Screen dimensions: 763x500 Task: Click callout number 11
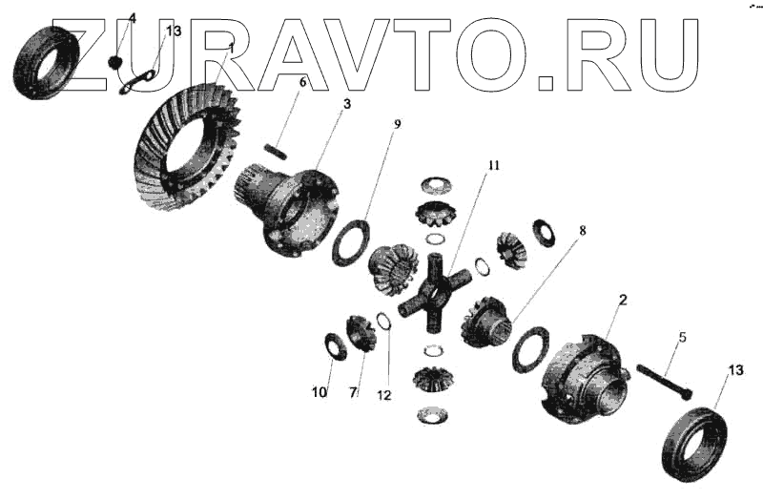coord(493,166)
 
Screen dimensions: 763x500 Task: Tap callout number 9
coord(398,123)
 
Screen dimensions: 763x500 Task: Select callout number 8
coord(582,231)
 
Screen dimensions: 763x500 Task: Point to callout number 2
coord(623,301)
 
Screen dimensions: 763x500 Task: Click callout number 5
coord(683,338)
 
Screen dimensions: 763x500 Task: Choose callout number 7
coord(353,392)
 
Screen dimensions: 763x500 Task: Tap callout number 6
coord(302,82)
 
